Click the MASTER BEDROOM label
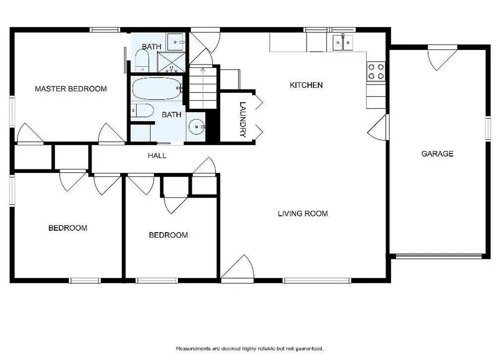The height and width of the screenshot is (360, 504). coord(71,89)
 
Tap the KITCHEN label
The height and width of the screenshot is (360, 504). coord(306,85)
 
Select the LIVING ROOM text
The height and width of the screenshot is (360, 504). coord(303,214)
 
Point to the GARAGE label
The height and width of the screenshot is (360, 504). coord(437,154)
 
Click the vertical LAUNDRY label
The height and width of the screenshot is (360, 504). coord(242,119)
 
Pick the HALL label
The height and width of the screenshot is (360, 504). coord(157,156)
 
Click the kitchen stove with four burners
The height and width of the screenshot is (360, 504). coord(376,72)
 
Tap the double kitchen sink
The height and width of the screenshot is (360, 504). coord(343,43)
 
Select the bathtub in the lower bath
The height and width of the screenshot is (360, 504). coord(156,88)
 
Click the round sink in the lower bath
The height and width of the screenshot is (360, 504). coord(196,127)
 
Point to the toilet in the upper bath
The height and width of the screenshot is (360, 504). coord(142,62)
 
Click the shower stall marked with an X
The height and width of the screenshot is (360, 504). coord(171,62)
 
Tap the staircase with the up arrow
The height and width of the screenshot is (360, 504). coord(203,87)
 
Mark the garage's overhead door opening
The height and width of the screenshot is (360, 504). coord(439,256)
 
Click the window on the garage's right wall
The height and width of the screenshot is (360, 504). coord(488,129)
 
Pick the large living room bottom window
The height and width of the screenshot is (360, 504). coord(317,280)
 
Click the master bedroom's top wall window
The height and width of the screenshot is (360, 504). coord(105,30)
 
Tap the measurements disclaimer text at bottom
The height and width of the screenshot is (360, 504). coord(250,349)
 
